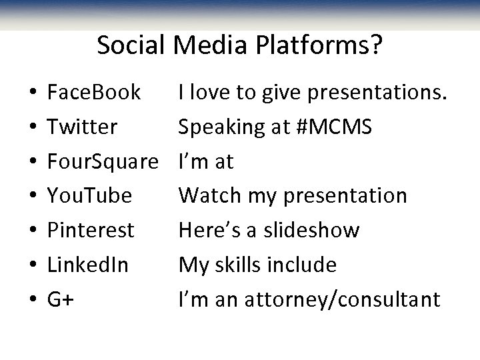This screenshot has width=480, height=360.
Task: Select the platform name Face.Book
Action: pos(94,92)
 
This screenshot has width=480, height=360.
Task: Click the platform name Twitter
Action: pos(83,127)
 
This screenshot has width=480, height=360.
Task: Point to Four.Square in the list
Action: pos(103,161)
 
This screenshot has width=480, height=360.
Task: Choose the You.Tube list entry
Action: pos(90,196)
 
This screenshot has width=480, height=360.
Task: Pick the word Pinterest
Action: pos(91,231)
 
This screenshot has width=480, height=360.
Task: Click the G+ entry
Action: pos(61,300)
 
